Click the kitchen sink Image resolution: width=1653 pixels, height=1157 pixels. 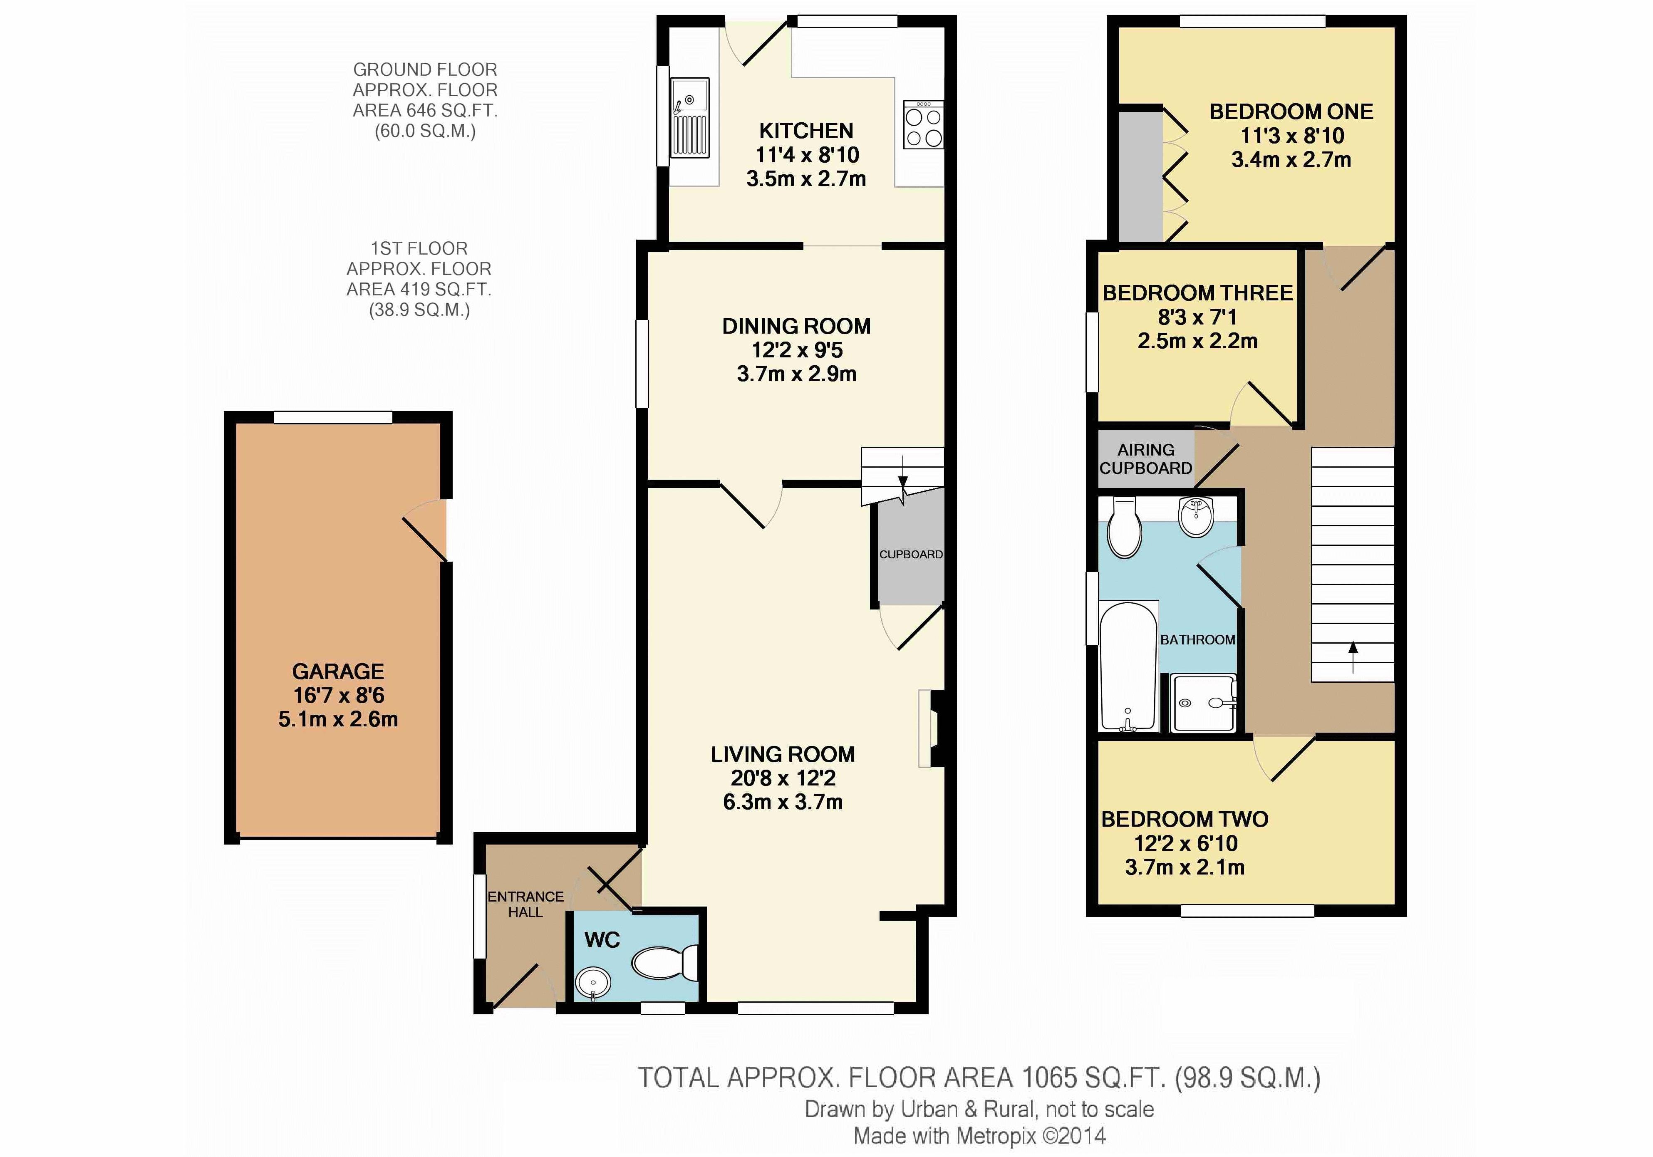[690, 118]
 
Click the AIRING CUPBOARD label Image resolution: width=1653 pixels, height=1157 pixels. [1145, 458]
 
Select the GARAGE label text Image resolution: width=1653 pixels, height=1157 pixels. [338, 671]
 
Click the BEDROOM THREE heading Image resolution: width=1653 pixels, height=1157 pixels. [1198, 293]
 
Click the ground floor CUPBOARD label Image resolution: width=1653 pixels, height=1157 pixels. [911, 555]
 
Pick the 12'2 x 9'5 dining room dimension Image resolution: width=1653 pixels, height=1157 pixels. [797, 350]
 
